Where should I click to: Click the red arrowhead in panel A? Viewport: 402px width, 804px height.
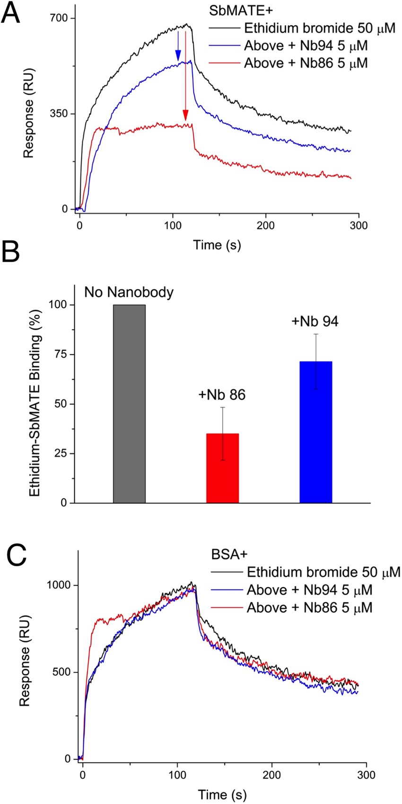coord(185,115)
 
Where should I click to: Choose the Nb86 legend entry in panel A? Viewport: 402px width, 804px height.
coord(306,63)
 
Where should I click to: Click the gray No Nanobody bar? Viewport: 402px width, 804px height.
coord(129,404)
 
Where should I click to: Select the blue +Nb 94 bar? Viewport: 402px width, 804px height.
coord(315,432)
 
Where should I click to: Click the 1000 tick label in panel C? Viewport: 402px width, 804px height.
coord(59,584)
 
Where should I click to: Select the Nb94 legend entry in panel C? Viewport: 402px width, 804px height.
coord(309,590)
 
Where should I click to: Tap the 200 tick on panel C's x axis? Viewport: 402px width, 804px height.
coord(271,775)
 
